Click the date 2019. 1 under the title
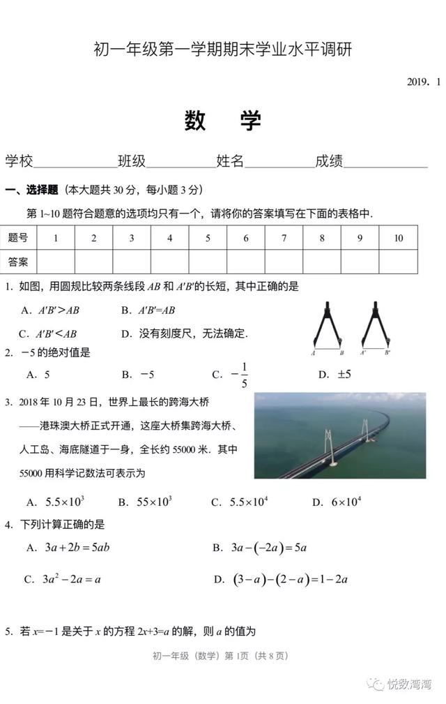(424, 82)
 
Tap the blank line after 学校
(75, 165)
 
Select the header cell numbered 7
(284, 238)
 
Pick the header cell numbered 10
(398, 238)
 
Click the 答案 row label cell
(18, 262)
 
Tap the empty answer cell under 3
(132, 262)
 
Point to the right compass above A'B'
(375, 324)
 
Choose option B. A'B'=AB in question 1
(148, 310)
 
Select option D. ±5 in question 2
(335, 375)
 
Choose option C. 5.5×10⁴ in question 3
(240, 502)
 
